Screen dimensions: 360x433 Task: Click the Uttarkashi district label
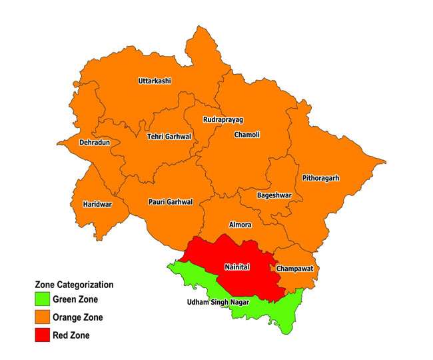[x=155, y=81]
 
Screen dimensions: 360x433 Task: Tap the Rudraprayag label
[x=223, y=119]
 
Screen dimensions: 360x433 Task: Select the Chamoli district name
[x=247, y=135]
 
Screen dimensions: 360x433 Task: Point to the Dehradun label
[x=95, y=143]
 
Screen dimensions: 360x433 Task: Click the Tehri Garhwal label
[x=169, y=137]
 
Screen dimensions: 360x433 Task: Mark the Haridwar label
[x=97, y=204]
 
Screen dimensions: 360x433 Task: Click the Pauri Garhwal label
[x=170, y=201]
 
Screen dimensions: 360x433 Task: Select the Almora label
[x=240, y=225]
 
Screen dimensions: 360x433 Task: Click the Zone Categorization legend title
[x=74, y=285]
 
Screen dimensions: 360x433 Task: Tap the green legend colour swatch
[x=43, y=299]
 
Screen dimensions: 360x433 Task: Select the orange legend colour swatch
[x=43, y=317]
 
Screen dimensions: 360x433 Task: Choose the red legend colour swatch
[x=43, y=335]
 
